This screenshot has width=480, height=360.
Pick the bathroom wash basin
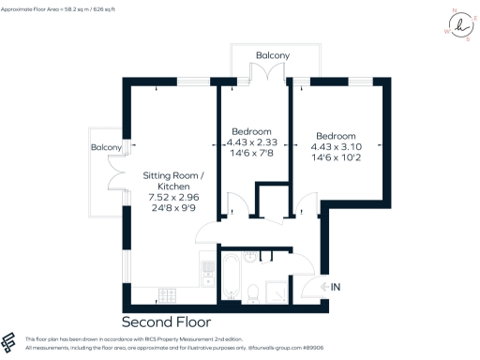(249, 257)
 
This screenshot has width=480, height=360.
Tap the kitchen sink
(209, 272)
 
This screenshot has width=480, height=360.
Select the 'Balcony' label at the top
(272, 56)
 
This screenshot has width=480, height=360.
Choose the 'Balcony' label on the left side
(106, 148)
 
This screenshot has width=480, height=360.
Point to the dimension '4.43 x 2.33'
(252, 142)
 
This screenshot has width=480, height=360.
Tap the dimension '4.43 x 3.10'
(336, 147)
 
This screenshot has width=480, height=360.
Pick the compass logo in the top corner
(458, 25)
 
